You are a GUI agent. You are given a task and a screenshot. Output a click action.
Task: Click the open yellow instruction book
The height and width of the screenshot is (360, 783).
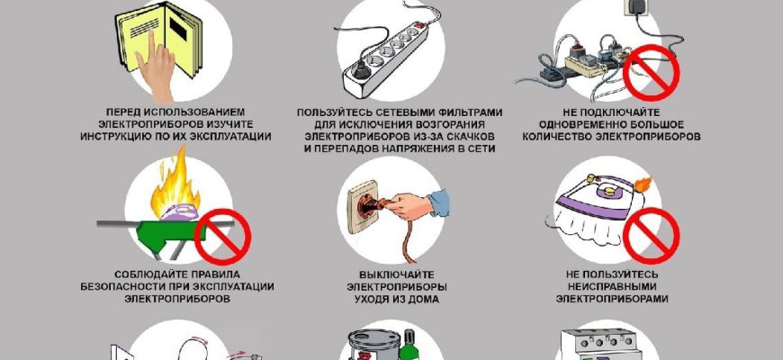pos(162,38)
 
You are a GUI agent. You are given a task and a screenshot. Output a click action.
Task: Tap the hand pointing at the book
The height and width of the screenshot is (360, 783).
pos(157,70)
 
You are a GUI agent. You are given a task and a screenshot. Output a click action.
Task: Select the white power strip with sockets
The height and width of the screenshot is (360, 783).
pos(385,58)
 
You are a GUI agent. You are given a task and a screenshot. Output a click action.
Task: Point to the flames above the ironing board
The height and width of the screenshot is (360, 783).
pos(175,182)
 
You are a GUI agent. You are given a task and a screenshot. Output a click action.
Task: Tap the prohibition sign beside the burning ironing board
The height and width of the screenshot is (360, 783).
pos(222,237)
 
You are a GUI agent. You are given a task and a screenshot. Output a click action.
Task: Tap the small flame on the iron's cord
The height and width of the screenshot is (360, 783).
pos(643,184)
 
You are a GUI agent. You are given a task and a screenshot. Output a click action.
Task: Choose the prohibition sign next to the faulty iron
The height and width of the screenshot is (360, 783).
pos(652,236)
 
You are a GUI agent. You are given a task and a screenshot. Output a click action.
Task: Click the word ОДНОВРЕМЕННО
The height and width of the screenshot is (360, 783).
pos(576,124)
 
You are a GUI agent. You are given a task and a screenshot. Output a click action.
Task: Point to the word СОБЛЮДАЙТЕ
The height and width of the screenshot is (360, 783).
pos(142,274)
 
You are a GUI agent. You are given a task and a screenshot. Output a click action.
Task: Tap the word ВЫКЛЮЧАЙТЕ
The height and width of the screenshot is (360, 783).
pos(397,275)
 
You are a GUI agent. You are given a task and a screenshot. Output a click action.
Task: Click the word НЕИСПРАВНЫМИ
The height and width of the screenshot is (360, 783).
pos(612,287)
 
